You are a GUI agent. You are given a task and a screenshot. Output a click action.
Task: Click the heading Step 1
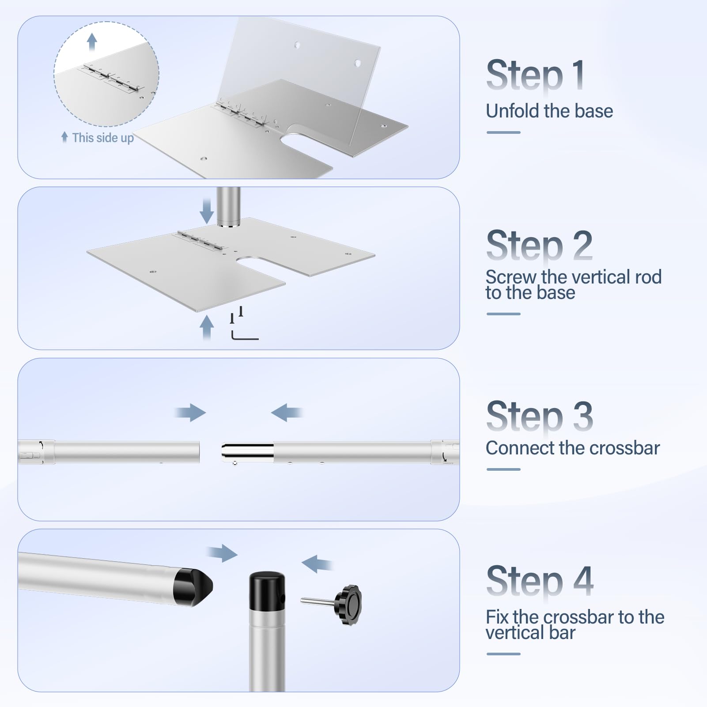pyautogui.click(x=536, y=75)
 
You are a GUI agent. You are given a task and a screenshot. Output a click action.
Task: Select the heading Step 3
pyautogui.click(x=539, y=416)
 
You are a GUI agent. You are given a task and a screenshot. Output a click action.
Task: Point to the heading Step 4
pyautogui.click(x=540, y=581)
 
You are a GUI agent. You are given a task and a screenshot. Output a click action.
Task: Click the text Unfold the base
pyautogui.click(x=549, y=111)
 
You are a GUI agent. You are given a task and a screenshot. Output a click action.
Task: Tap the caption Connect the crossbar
pyautogui.click(x=573, y=448)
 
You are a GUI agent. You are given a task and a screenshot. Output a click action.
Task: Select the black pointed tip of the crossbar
pyautogui.click(x=193, y=587)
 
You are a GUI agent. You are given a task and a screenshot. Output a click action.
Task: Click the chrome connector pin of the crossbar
pyautogui.click(x=247, y=452)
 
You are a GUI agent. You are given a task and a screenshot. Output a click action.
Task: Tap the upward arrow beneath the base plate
pyautogui.click(x=207, y=327)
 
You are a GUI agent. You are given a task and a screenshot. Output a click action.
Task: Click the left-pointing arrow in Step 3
pyautogui.click(x=287, y=412)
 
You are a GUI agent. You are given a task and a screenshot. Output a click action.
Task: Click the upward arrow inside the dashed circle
pyautogui.click(x=92, y=42)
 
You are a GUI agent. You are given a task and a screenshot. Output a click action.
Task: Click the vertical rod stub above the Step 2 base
pyautogui.click(x=229, y=207)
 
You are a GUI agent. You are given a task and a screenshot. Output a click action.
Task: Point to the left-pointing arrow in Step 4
pyautogui.click(x=317, y=564)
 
